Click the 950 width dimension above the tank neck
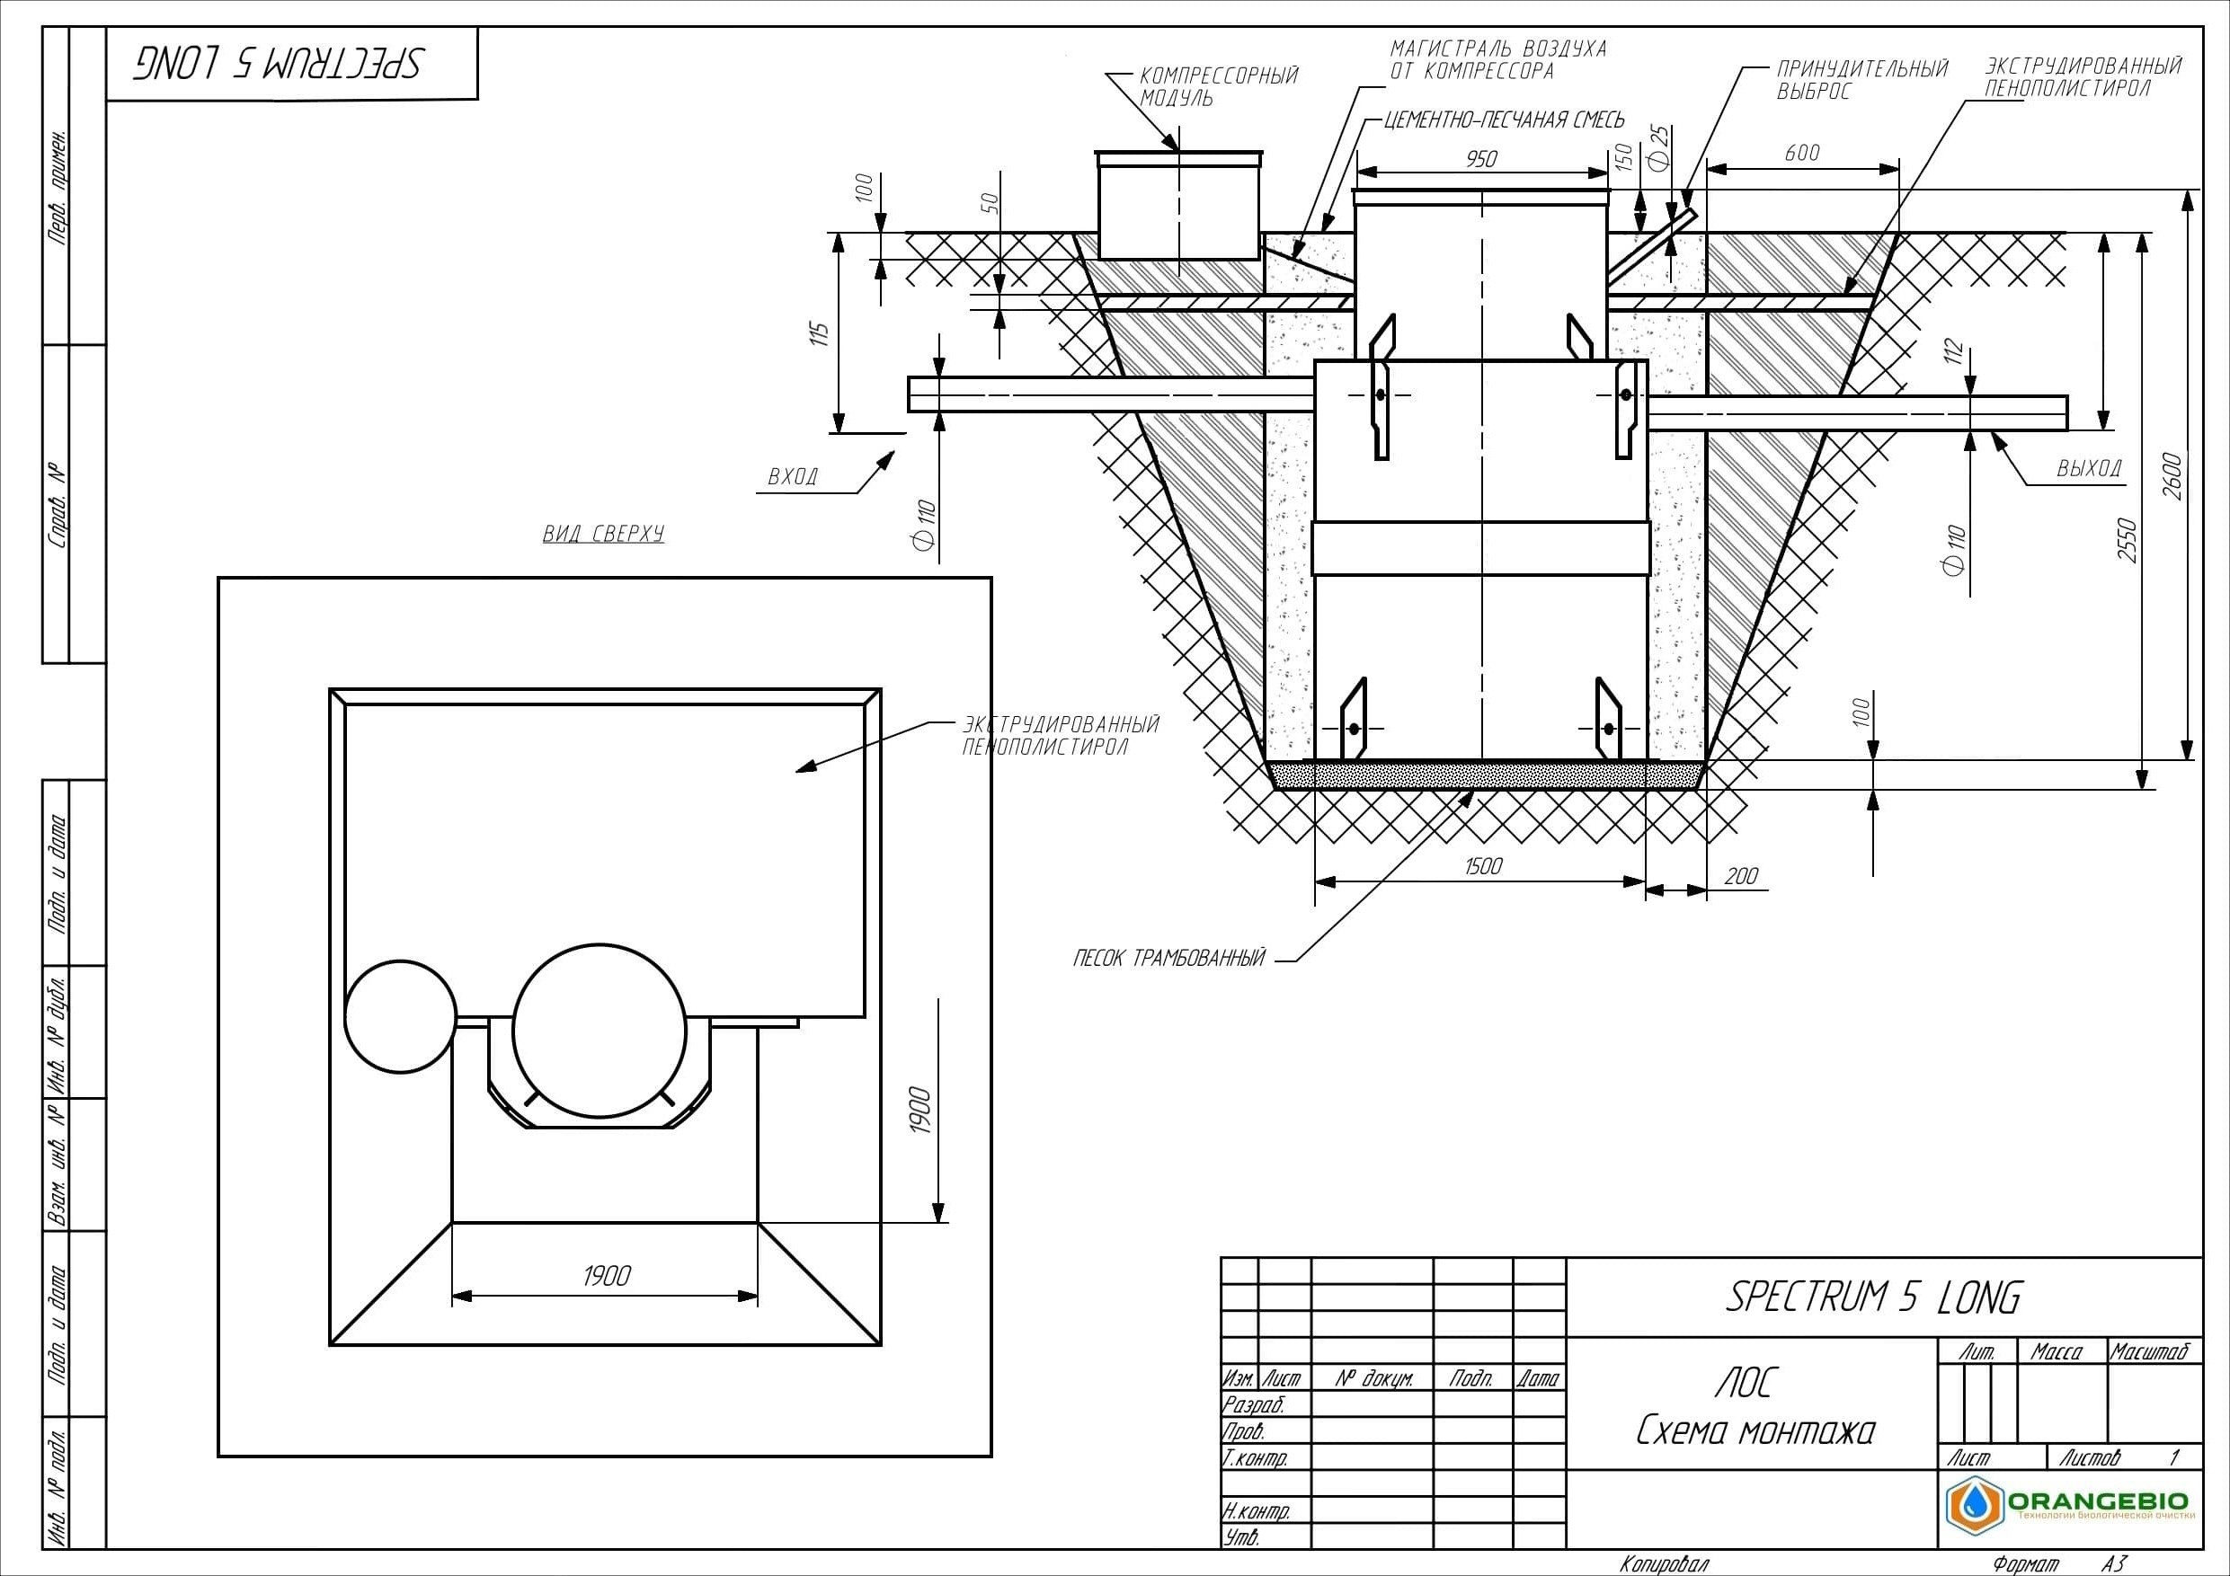(x=1481, y=158)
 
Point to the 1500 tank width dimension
(x=1483, y=865)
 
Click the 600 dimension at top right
(x=1801, y=153)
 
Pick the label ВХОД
(x=794, y=477)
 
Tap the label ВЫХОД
(x=2089, y=468)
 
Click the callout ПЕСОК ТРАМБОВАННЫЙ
(x=1169, y=959)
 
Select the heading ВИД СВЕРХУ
(x=603, y=533)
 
